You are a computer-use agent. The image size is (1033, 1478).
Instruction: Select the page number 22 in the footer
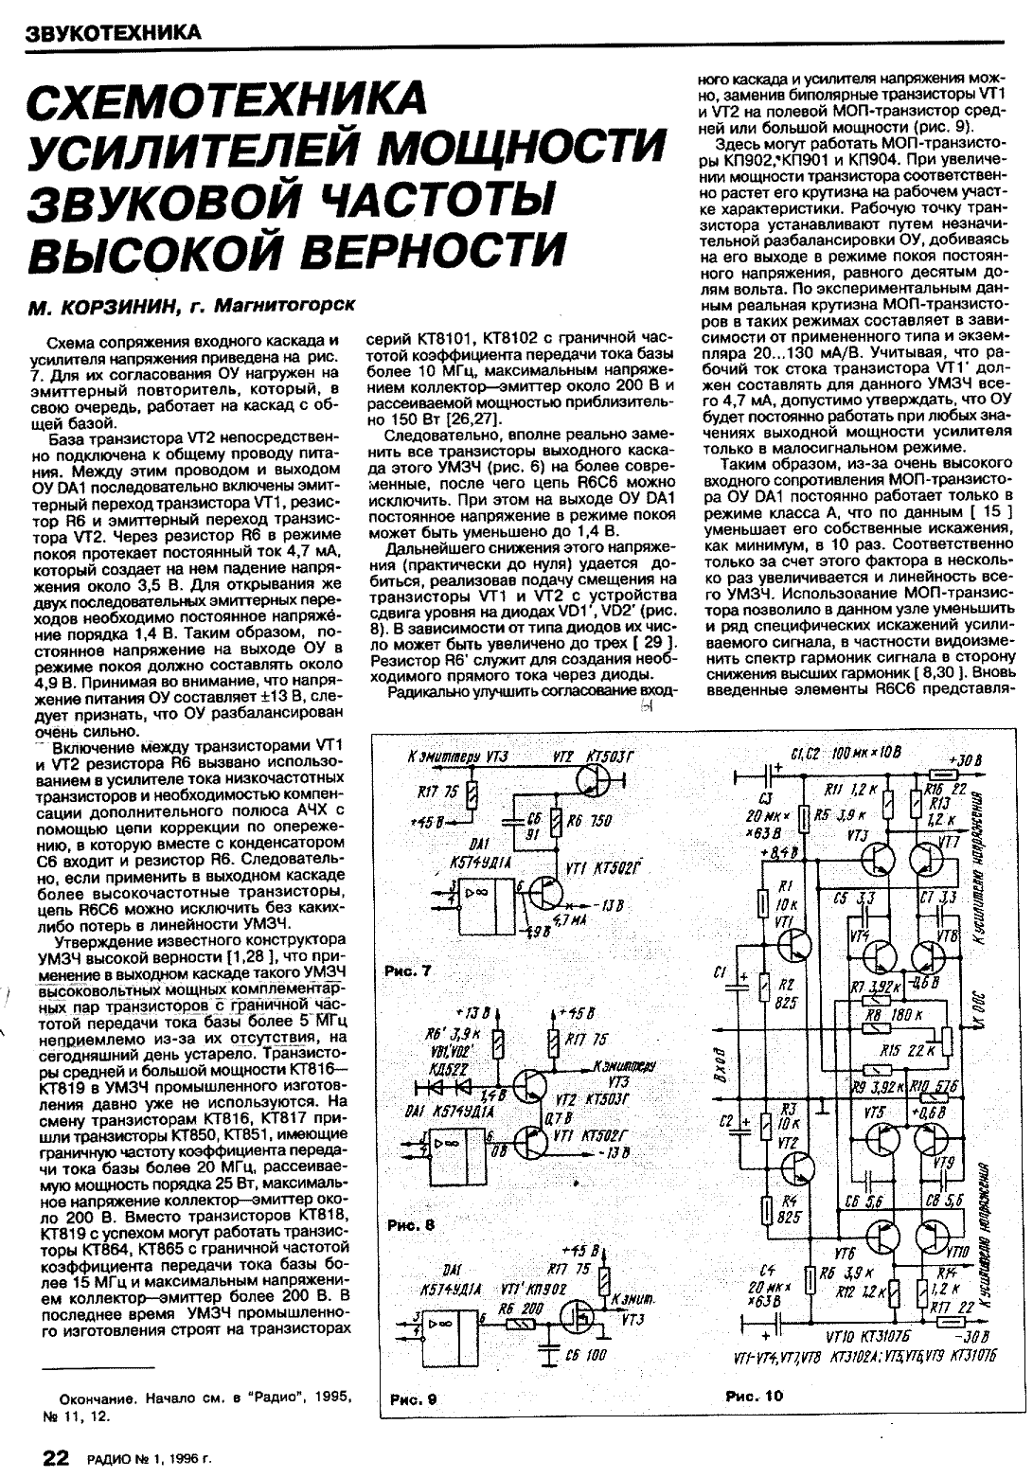pos(54,1457)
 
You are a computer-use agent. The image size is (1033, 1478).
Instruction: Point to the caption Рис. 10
pos(755,1395)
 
